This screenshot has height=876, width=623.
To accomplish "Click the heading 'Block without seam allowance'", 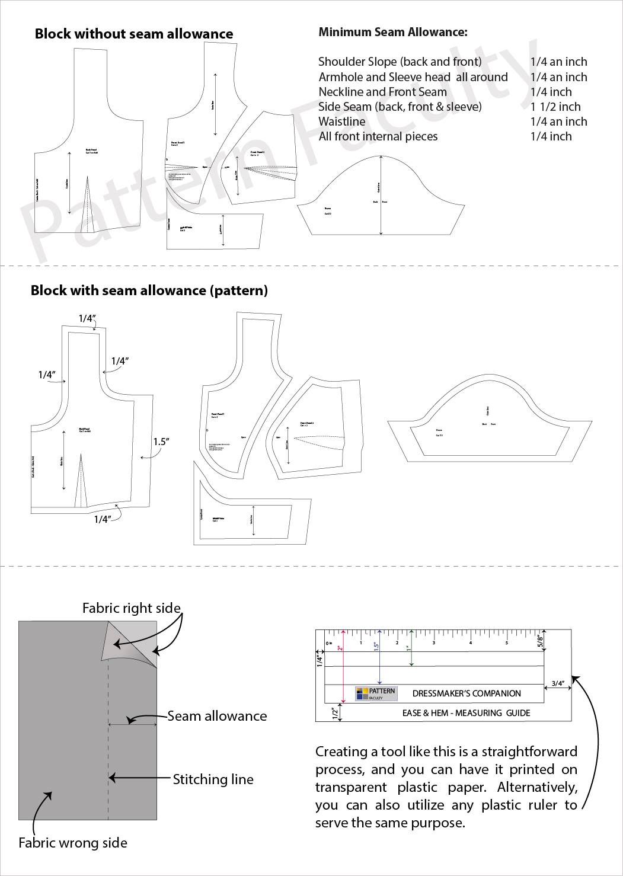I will coord(134,34).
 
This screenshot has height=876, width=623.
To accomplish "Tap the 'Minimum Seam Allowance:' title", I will coord(393,32).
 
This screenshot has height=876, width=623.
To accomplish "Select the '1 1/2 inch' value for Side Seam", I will coord(555,107).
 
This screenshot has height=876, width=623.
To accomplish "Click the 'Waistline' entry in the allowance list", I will coord(342,122).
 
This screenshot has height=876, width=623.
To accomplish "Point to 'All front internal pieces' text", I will coord(378,136).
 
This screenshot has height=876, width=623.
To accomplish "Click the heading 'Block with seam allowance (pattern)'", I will coord(149,290).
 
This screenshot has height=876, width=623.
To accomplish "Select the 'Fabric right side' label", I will coord(131,608).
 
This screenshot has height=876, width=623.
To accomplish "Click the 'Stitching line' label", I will coord(213,779).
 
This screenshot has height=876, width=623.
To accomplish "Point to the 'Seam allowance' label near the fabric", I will coord(217,716).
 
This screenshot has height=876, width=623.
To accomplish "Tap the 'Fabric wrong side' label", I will coord(73,843).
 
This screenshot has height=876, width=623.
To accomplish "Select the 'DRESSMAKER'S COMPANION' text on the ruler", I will coord(467,693).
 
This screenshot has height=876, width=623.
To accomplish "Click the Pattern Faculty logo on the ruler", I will coord(375,693).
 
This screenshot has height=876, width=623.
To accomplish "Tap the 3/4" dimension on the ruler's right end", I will coord(558,683).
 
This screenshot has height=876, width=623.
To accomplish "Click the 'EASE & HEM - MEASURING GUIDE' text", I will coord(466,713).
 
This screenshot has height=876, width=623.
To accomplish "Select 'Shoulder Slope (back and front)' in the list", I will coord(400,62).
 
